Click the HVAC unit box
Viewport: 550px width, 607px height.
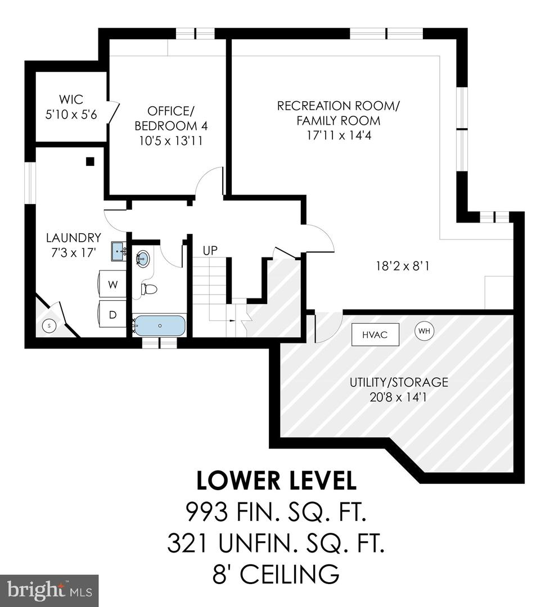[x=376, y=334]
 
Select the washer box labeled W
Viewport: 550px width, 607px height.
[x=113, y=285]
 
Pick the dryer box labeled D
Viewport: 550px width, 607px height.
[x=112, y=315]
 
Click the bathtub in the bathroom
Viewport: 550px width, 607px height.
[x=160, y=325]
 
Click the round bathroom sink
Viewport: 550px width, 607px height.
[x=143, y=259]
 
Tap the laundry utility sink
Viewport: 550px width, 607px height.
[x=119, y=251]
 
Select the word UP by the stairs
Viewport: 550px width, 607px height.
[x=210, y=251]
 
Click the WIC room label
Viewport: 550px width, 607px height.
[x=71, y=100]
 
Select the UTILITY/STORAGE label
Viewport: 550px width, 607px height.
[x=399, y=382]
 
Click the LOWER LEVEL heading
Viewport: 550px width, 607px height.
[x=276, y=481]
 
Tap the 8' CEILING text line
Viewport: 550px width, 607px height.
[x=276, y=574]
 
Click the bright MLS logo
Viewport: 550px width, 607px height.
[x=49, y=590]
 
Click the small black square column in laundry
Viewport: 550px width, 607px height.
[x=90, y=161]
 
